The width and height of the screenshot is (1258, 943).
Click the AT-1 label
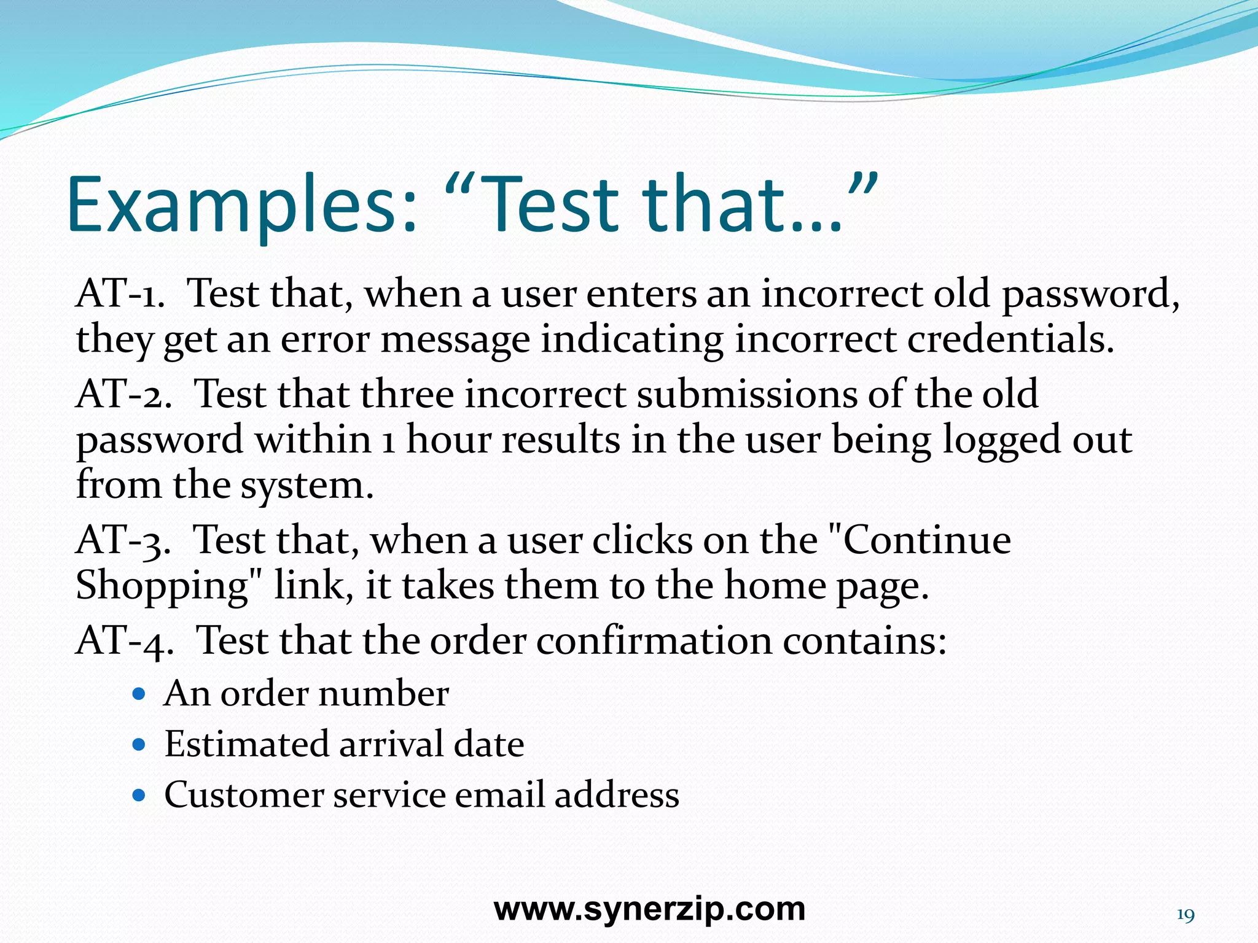tap(120, 293)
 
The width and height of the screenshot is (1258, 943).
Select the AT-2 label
tap(123, 394)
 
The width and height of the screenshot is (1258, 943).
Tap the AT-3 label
tap(123, 541)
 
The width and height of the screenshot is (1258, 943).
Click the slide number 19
tap(1186, 915)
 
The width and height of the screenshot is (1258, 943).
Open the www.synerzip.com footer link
tap(649, 909)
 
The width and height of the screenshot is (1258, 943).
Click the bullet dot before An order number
tap(139, 694)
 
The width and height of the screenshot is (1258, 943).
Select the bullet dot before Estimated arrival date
tap(139, 745)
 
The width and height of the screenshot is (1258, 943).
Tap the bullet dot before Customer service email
tap(139, 796)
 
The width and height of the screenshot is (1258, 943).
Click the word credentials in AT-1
tap(1010, 339)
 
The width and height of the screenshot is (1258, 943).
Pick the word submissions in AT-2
tap(746, 394)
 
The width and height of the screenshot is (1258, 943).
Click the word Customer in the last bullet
tap(244, 795)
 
